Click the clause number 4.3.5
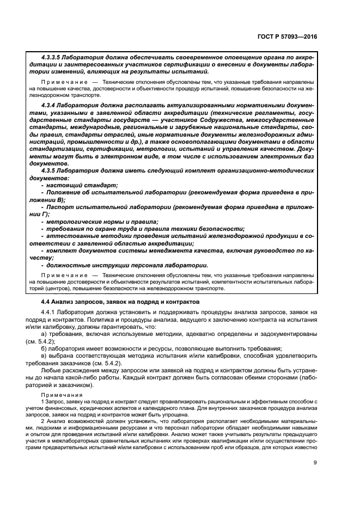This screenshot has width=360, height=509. point(50,170)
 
